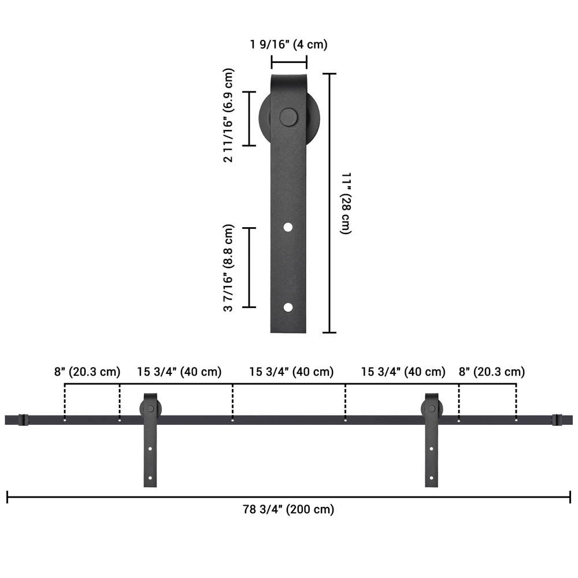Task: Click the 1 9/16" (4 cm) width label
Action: [289, 45]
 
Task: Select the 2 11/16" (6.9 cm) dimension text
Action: [229, 116]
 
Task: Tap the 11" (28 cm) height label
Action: [346, 202]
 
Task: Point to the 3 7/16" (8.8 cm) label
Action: [229, 268]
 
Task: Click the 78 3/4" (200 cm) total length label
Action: [288, 510]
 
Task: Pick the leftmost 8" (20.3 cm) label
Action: [87, 372]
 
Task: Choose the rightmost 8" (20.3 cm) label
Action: [491, 372]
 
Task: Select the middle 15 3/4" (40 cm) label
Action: [291, 372]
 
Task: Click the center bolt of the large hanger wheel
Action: [288, 117]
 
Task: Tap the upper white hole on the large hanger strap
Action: [288, 228]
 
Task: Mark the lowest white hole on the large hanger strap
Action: [288, 307]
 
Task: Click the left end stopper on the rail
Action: [23, 420]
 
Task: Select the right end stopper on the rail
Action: [556, 420]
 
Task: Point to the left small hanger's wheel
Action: [150, 409]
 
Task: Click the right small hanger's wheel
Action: [431, 409]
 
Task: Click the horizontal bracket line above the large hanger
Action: [289, 62]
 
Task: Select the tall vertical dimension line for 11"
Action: [329, 202]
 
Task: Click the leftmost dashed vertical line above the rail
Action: [65, 402]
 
